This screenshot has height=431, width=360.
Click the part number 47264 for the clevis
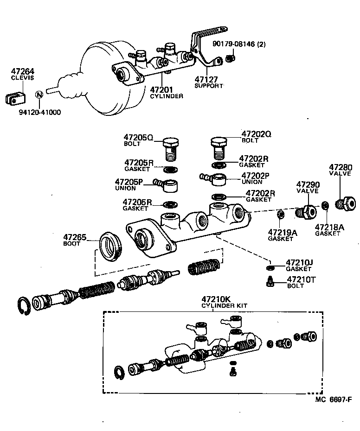coord(23,71)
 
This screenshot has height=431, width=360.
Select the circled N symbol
coord(39,95)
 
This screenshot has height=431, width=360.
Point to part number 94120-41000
coord(39,112)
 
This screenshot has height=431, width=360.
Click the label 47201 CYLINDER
coord(166,92)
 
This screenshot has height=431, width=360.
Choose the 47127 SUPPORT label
coord(208,82)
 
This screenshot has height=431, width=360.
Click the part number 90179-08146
coord(240,44)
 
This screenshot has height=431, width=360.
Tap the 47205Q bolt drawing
coord(171,148)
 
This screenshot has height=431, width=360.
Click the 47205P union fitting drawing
coord(169,185)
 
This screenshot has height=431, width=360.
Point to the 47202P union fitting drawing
coord(215,177)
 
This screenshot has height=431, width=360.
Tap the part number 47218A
coord(329,227)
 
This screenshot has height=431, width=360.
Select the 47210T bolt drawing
coord(269,281)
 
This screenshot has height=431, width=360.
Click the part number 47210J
coord(299,262)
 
